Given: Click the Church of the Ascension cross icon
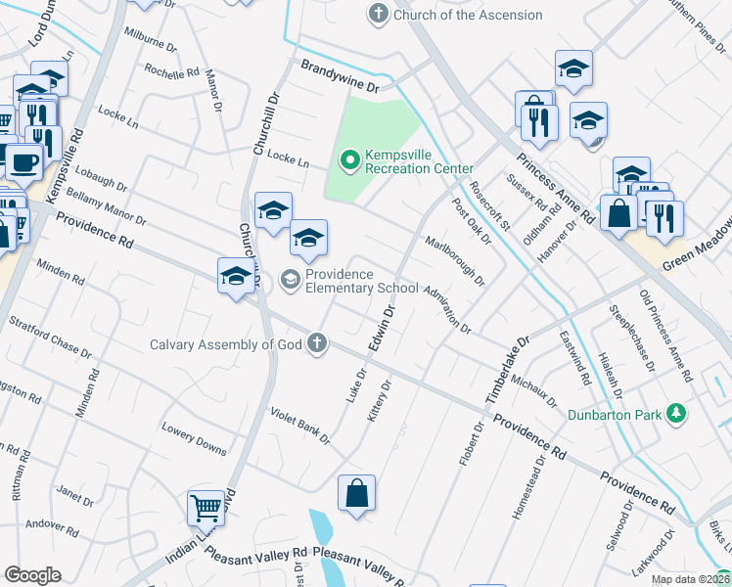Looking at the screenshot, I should tap(378, 15).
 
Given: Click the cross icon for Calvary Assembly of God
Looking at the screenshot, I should tap(316, 343).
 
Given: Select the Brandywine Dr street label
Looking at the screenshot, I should tap(340, 76).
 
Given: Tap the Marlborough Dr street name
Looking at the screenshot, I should tap(454, 260).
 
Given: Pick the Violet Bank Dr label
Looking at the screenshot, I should tap(300, 427).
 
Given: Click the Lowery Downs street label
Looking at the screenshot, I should tap(195, 437).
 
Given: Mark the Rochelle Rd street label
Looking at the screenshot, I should tap(171, 71).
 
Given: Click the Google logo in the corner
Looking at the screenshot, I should tap(32, 575).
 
